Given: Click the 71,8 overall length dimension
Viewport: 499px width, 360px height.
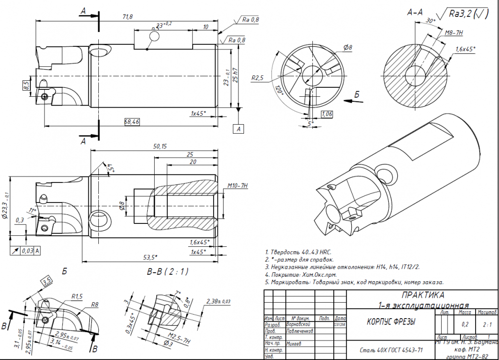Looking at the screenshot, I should [x=128, y=17].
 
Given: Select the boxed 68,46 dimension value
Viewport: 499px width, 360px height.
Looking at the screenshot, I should [x=132, y=121].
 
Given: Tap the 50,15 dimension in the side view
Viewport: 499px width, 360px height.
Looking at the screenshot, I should [x=160, y=146].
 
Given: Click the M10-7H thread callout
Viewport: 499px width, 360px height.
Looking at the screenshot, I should [x=238, y=185].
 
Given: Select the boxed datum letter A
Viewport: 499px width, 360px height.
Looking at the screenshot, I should [x=239, y=129].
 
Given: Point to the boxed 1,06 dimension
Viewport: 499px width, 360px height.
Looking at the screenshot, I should [x=327, y=115].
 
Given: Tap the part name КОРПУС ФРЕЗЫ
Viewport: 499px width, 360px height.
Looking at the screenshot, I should [x=388, y=322].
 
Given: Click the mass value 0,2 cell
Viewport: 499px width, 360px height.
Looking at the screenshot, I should [x=465, y=324].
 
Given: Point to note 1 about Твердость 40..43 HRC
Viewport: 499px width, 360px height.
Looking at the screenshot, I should [x=298, y=252].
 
